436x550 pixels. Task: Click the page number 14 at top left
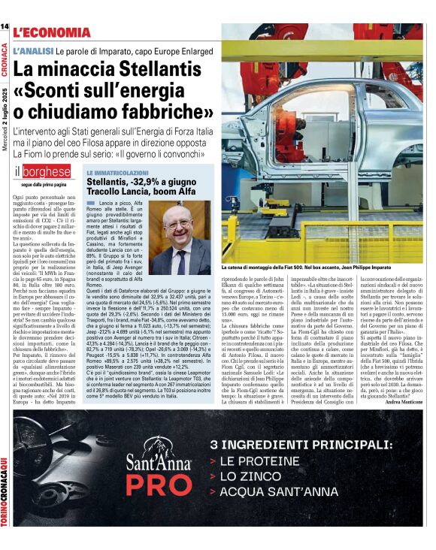click(5, 27)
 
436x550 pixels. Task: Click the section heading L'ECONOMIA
click(53, 32)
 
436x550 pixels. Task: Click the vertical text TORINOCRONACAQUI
click(5, 489)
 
